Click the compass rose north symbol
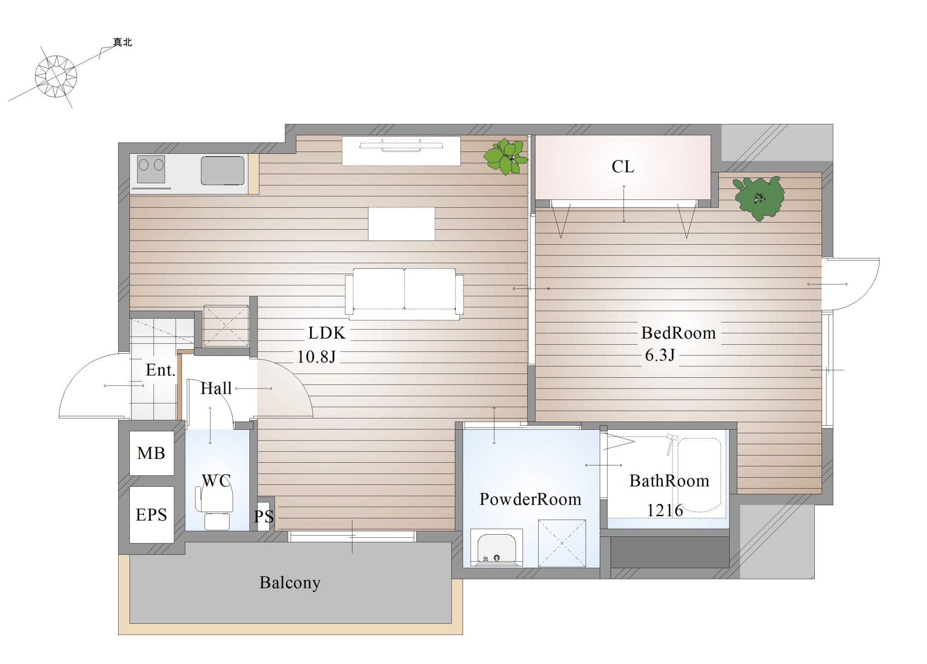point(56,76)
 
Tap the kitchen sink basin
point(223,171)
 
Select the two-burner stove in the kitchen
point(151,169)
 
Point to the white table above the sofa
point(401,223)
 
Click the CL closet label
point(623,167)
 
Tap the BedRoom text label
point(679,333)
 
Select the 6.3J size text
point(660,355)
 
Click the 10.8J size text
point(316,357)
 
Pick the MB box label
point(151,453)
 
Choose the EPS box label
point(151,515)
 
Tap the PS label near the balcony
point(264,517)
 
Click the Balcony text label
point(290,583)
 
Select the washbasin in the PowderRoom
point(497,547)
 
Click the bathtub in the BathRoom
point(699,475)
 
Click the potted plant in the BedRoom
point(759,197)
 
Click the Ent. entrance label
point(160,370)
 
